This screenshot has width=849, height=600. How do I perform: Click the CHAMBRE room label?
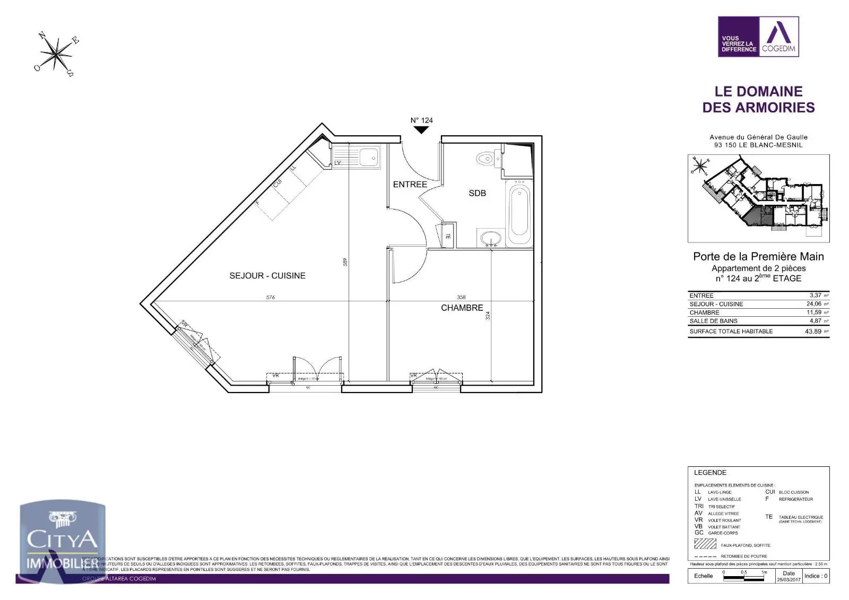pyautogui.click(x=462, y=308)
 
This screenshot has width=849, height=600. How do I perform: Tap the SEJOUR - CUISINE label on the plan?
pyautogui.click(x=267, y=276)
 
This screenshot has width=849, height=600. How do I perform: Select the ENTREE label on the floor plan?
pyautogui.click(x=410, y=185)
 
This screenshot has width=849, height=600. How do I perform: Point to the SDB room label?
pyautogui.click(x=477, y=193)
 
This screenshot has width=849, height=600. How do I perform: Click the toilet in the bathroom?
pyautogui.click(x=486, y=159)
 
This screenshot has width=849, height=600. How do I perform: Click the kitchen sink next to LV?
pyautogui.click(x=368, y=157)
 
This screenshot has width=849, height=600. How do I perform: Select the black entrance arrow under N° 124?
pyautogui.click(x=421, y=129)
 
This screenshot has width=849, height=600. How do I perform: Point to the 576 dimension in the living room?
pyautogui.click(x=271, y=298)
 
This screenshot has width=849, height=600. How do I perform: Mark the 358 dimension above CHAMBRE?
pyautogui.click(x=461, y=298)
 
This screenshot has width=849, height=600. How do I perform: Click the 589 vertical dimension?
pyautogui.click(x=345, y=262)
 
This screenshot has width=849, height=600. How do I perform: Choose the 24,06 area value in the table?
pyautogui.click(x=813, y=304)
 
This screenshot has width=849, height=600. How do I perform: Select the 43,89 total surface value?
pyautogui.click(x=813, y=331)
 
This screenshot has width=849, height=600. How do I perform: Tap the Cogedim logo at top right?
pyautogui.click(x=758, y=37)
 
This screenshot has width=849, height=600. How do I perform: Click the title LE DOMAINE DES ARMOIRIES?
pyautogui.click(x=758, y=99)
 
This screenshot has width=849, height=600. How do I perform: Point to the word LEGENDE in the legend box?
pyautogui.click(x=710, y=473)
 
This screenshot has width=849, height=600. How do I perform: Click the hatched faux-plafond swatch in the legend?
pyautogui.click(x=705, y=544)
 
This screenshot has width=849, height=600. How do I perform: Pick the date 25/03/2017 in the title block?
pyautogui.click(x=789, y=580)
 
